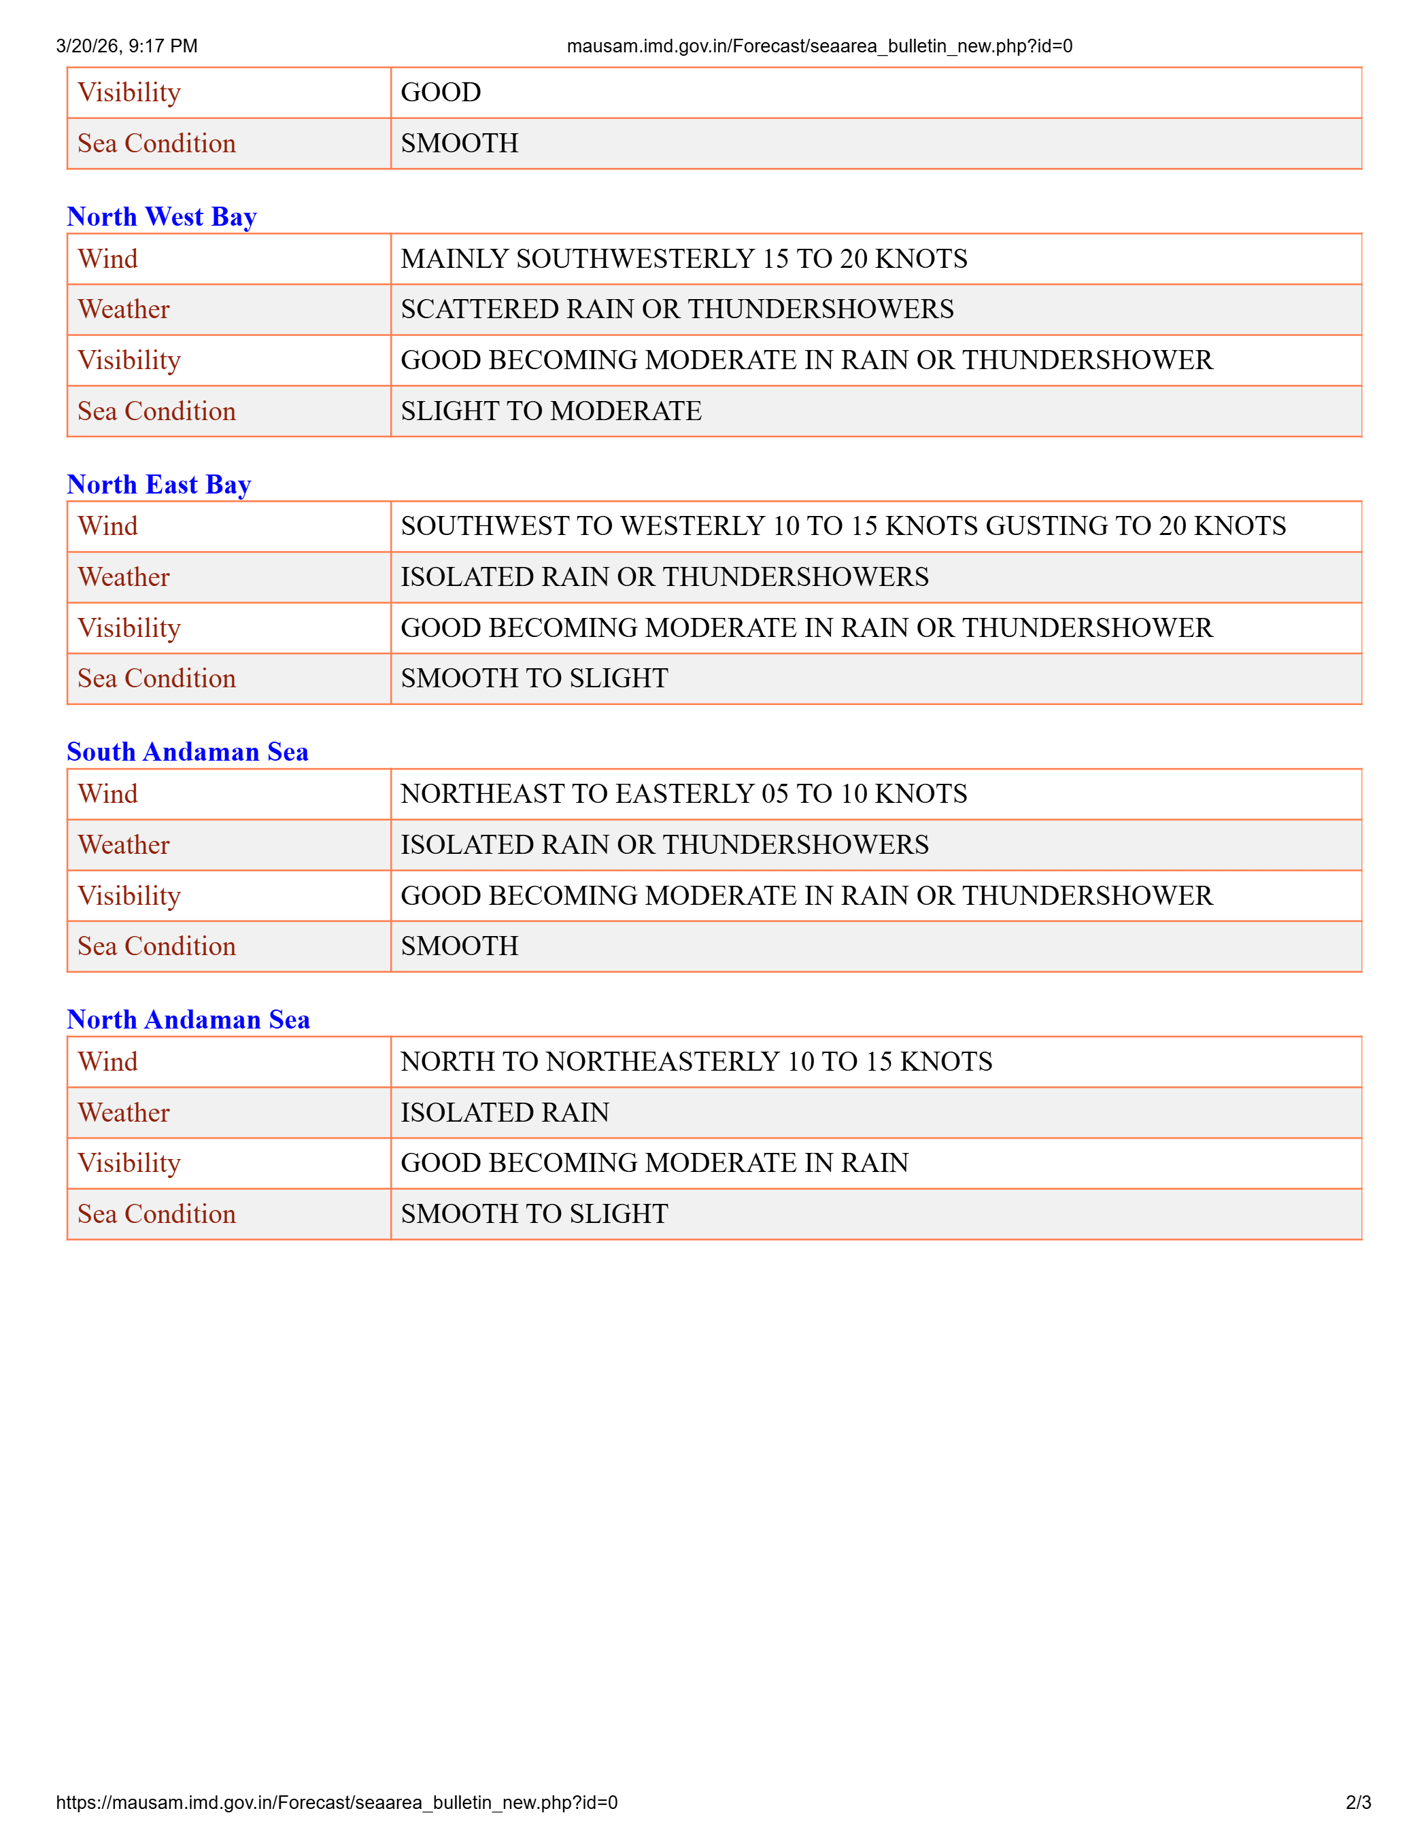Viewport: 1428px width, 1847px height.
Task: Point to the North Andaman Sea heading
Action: (188, 1019)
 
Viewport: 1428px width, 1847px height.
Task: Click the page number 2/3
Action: (1358, 1802)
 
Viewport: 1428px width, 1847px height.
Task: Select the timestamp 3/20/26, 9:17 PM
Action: (127, 46)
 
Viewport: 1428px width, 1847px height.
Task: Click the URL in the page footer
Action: (337, 1802)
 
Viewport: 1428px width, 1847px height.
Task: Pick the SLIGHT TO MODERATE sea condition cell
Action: (551, 411)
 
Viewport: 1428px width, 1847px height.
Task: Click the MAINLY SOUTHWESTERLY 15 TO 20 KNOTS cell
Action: (683, 259)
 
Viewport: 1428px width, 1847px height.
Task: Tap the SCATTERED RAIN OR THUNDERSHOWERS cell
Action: (677, 309)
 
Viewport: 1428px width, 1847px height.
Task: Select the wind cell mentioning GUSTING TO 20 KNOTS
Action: (843, 526)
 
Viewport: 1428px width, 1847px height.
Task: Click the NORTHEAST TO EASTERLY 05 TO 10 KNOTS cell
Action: (683, 793)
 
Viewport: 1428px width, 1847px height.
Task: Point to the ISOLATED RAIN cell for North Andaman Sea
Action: (505, 1112)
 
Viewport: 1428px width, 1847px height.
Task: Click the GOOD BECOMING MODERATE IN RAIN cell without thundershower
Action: (654, 1163)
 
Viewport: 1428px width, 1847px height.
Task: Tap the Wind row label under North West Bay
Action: (107, 259)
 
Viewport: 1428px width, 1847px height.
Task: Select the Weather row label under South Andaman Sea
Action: (124, 845)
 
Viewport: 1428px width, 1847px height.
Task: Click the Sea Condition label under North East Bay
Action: (156, 678)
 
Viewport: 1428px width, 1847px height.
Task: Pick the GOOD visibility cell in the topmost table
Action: (441, 92)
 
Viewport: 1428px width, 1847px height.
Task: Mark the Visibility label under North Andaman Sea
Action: (129, 1163)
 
